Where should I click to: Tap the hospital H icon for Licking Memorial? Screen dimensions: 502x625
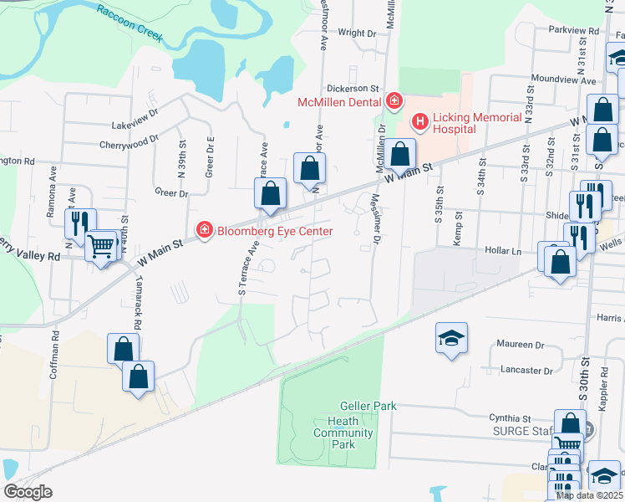419,124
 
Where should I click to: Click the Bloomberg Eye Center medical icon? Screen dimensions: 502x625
202,229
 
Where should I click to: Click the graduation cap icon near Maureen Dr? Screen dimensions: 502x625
451,337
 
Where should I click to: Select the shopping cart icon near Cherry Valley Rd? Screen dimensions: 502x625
101,244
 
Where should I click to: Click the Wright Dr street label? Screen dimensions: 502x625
358,33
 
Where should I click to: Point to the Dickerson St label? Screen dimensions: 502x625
352,87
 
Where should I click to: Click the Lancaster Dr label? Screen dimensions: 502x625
526,370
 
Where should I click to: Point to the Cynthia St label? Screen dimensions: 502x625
511,417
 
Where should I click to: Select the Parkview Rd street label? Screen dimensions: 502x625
574,30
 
